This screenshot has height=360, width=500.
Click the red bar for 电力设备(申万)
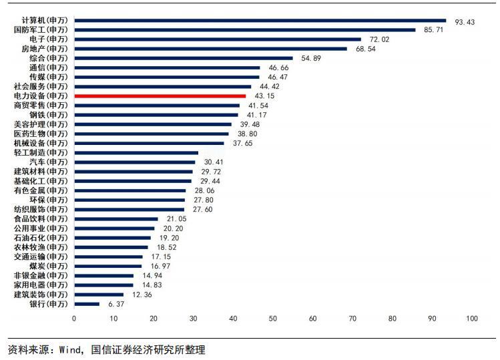click(160, 96)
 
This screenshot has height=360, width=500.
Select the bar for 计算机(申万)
click(260, 21)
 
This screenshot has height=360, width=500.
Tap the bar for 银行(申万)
click(87, 304)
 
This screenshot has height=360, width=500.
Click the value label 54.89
click(312, 59)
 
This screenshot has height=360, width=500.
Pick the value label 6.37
click(117, 304)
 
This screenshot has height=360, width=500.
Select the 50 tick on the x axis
click(273, 319)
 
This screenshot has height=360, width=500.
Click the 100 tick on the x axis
click(472, 319)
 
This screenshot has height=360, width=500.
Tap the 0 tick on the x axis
click(74, 319)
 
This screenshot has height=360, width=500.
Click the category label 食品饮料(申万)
click(41, 218)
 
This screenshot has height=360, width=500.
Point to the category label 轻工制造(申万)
click(41, 153)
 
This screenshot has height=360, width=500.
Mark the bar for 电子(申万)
click(218, 39)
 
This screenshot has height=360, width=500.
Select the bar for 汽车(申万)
click(135, 162)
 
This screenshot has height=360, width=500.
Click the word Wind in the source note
click(70, 349)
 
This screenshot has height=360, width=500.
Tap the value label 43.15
click(265, 96)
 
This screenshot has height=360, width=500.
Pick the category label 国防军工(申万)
click(41, 30)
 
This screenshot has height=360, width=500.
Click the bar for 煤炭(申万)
click(108, 266)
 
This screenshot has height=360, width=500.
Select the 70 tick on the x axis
click(352, 319)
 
